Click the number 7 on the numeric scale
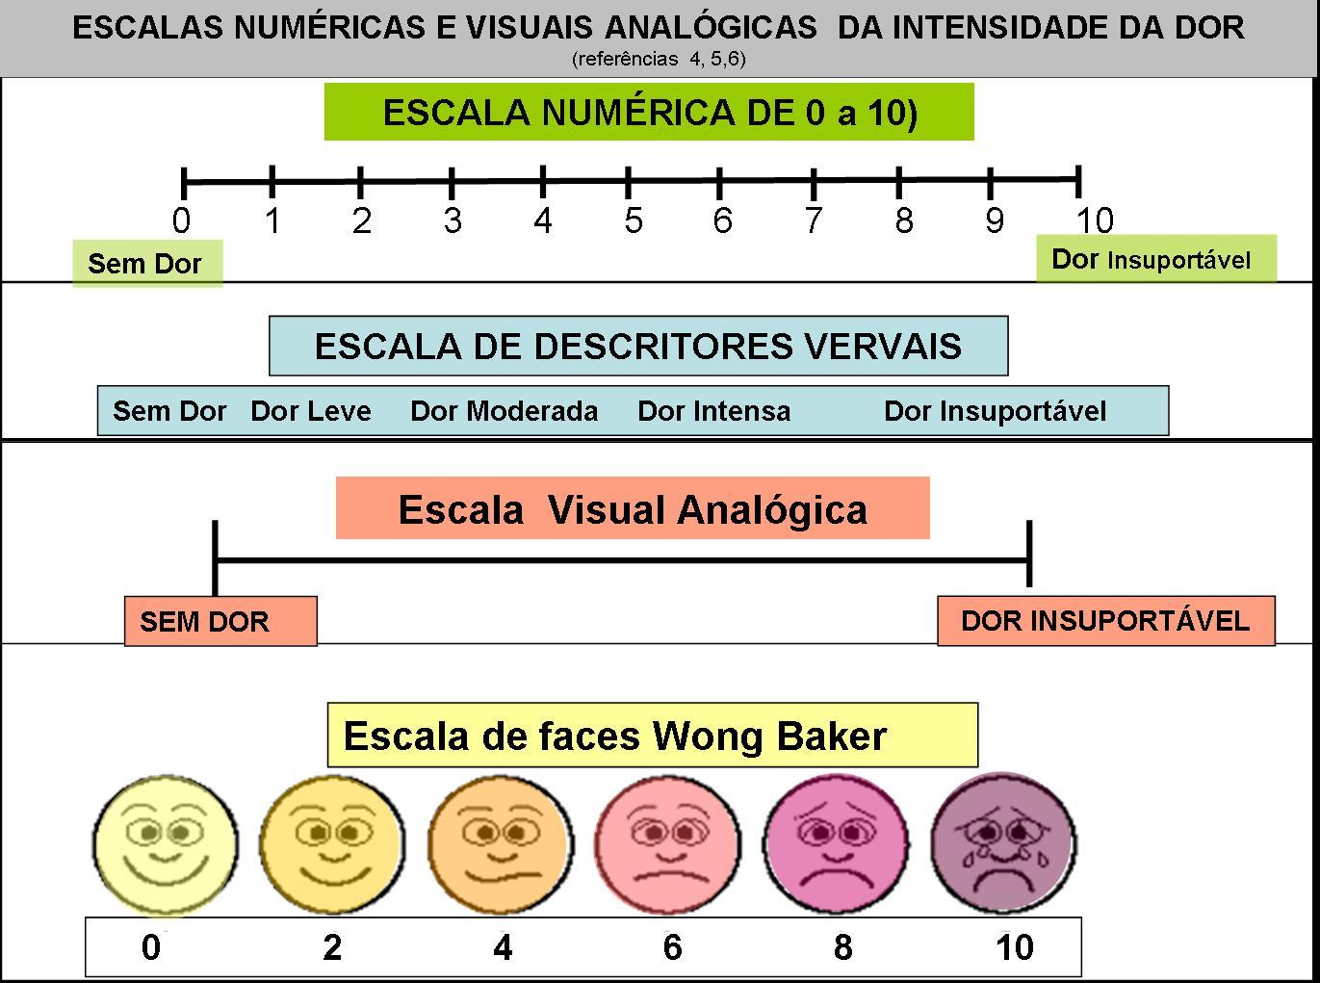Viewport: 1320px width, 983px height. [814, 221]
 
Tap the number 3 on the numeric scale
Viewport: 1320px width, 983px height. [453, 221]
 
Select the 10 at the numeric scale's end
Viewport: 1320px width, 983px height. [1094, 221]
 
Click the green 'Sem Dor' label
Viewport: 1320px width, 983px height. [146, 263]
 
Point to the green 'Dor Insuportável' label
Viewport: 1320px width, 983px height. [1155, 259]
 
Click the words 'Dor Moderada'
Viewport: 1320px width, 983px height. [504, 411]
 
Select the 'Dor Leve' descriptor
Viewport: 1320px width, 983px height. [310, 411]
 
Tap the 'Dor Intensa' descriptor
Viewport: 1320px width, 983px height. [713, 411]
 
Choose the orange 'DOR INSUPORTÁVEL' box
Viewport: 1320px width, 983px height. [1105, 621]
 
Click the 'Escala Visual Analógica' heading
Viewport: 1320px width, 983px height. [633, 509]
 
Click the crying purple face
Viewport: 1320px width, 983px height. [1003, 844]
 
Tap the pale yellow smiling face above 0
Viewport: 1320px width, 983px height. [165, 844]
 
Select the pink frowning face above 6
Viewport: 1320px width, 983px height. [668, 844]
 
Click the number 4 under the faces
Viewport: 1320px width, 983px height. [503, 947]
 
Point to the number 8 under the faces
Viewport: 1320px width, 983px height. [842, 947]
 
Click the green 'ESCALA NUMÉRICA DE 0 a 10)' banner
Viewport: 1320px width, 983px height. [649, 113]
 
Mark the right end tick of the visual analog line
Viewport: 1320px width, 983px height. [1029, 554]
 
